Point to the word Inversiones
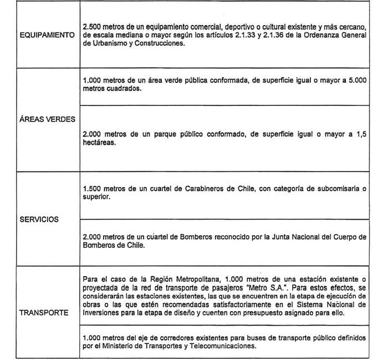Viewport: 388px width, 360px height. click(100, 312)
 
